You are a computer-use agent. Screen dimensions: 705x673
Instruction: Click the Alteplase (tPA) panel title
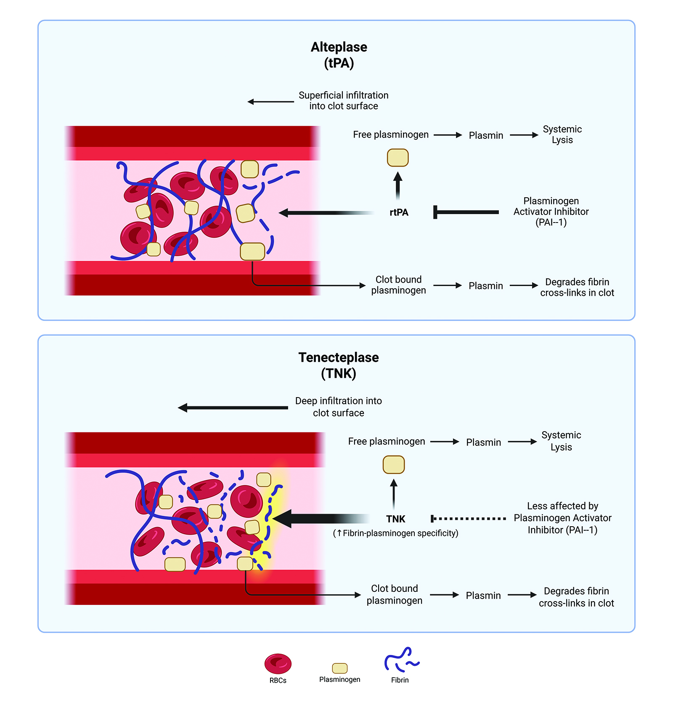[x=339, y=55]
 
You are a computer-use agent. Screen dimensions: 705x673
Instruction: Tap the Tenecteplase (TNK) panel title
[x=339, y=365]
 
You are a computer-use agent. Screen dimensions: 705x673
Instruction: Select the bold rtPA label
[x=399, y=212]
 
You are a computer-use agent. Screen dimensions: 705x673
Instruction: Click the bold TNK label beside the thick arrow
[x=395, y=519]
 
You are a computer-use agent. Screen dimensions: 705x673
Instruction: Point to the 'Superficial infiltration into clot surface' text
[x=343, y=101]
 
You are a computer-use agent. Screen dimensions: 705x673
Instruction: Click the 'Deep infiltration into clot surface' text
[x=338, y=407]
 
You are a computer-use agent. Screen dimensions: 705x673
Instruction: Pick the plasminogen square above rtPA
[x=397, y=158]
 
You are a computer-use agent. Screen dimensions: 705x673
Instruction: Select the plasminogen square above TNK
[x=394, y=465]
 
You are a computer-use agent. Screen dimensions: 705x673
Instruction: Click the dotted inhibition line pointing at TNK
[x=469, y=519]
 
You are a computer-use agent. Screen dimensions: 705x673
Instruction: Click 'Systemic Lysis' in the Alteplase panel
[x=562, y=135]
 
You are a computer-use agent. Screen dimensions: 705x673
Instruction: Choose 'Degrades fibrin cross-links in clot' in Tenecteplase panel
[x=576, y=597]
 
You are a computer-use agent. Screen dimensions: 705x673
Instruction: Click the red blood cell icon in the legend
[x=278, y=664]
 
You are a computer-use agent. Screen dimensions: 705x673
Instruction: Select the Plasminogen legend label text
[x=339, y=679]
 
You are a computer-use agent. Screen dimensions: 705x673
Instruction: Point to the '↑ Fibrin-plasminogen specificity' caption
[x=395, y=533]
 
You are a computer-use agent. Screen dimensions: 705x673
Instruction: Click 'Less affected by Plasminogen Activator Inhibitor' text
[x=562, y=518]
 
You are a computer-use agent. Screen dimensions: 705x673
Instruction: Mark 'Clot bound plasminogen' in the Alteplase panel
[x=398, y=285]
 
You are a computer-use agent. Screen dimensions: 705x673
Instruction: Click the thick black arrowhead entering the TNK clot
[x=283, y=519]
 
